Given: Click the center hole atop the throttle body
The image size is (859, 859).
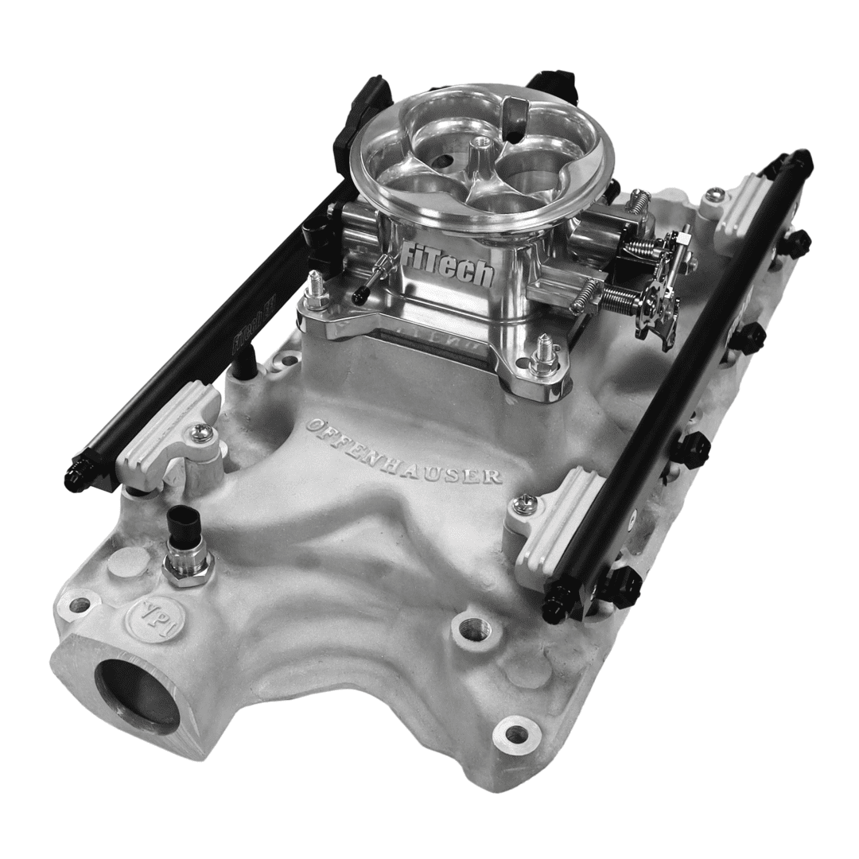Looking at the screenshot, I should (x=481, y=143).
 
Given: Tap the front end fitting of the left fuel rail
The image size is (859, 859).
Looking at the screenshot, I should (x=78, y=479).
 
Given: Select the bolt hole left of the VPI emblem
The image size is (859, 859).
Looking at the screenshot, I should (x=80, y=604).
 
